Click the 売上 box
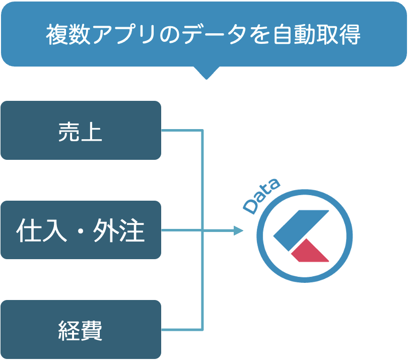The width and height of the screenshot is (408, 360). [81, 131]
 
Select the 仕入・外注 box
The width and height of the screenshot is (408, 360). [81, 230]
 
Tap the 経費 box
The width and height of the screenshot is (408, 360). [81, 330]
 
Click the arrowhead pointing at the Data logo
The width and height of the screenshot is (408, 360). [238, 231]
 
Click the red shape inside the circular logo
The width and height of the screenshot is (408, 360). [310, 251]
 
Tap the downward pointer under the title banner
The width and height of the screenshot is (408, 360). [206, 73]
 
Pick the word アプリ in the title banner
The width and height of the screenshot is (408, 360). [124, 35]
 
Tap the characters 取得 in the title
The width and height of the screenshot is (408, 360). [339, 35]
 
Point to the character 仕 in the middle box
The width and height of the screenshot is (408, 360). [28, 231]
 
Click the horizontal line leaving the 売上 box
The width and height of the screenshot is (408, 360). [181, 131]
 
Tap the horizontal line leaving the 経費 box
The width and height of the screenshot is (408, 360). [181, 330]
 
